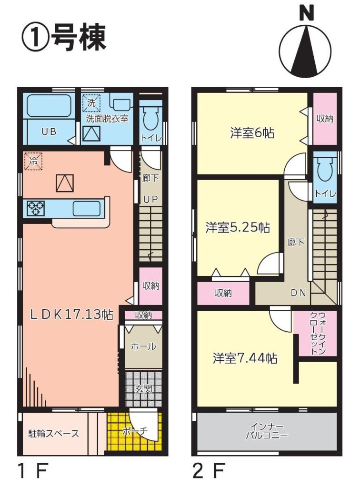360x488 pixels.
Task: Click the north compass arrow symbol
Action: [305, 50]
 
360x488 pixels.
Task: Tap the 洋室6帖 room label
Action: [252, 133]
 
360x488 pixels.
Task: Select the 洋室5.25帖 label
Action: [237, 227]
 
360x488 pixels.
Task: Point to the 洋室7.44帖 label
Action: [245, 358]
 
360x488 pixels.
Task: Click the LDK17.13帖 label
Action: [71, 315]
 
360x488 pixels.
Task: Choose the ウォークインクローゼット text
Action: [318, 333]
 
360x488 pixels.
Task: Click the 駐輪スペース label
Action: [54, 434]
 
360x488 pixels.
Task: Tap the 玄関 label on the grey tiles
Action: [143, 389]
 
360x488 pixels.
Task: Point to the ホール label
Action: [143, 346]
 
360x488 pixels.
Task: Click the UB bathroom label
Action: [49, 132]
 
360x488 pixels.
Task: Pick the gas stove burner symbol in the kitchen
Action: [35, 208]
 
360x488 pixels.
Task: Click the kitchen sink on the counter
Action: [87, 208]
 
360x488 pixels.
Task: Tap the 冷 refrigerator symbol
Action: [33, 161]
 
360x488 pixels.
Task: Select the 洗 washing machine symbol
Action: [91, 103]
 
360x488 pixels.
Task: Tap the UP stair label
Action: [151, 199]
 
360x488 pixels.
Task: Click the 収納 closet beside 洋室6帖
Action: [325, 119]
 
